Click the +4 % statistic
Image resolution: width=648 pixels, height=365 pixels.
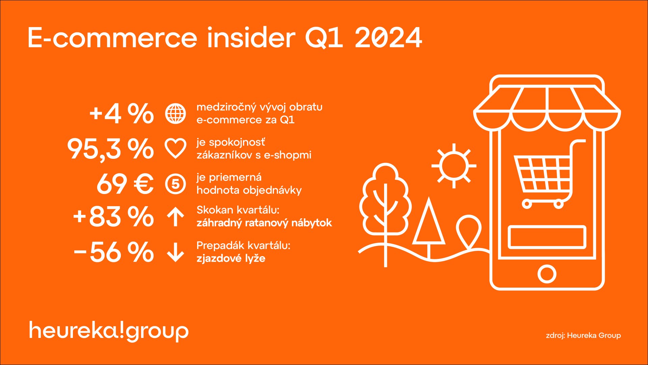pos(122,114)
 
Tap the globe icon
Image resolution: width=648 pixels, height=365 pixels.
pos(175,114)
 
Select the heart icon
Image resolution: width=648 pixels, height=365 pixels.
pos(175,148)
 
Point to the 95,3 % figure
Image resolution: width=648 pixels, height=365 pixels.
pos(110,149)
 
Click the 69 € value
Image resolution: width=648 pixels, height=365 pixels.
pos(125,184)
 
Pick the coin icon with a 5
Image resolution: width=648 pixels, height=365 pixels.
pos(175,184)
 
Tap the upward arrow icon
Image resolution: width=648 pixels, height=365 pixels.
pos(175,217)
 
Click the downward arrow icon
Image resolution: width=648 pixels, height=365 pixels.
pos(175,252)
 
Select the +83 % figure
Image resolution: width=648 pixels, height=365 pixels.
pos(113,217)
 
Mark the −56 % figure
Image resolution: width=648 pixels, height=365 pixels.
pos(114,252)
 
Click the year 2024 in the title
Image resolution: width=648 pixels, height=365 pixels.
pos(388,38)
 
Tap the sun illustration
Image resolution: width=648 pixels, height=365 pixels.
pos(454,166)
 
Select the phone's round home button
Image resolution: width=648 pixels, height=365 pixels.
pos(547,273)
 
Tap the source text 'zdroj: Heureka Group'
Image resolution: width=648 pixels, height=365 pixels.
pos(583,335)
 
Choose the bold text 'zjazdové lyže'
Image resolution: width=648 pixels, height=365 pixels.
pos(231,259)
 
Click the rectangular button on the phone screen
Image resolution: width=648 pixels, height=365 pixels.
pos(547,237)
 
